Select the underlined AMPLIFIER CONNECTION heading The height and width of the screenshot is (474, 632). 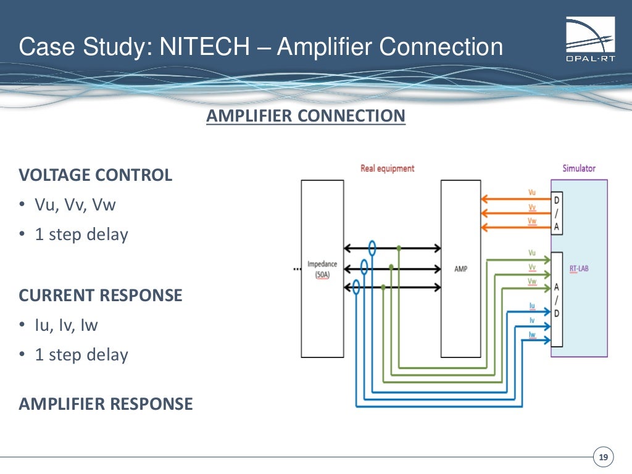[306, 116]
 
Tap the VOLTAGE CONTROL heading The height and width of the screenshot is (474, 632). [96, 175]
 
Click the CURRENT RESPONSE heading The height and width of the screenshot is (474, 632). [101, 295]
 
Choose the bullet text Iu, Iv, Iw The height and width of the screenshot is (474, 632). [67, 325]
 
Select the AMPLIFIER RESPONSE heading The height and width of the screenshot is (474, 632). [106, 404]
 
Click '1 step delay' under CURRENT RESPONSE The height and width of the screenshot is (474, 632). [81, 355]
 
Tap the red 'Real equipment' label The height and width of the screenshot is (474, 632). [387, 168]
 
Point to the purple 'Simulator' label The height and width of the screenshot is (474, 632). [579, 168]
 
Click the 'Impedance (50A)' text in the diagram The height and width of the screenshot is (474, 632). [322, 270]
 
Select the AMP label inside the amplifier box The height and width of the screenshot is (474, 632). [460, 268]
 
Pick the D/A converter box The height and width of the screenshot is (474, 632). [557, 214]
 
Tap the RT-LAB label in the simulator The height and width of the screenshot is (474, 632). [579, 268]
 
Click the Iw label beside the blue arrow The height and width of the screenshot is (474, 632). [531, 334]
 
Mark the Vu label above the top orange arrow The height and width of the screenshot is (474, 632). [531, 193]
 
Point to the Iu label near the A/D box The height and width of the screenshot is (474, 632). [531, 305]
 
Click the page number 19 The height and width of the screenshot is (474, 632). [603, 457]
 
